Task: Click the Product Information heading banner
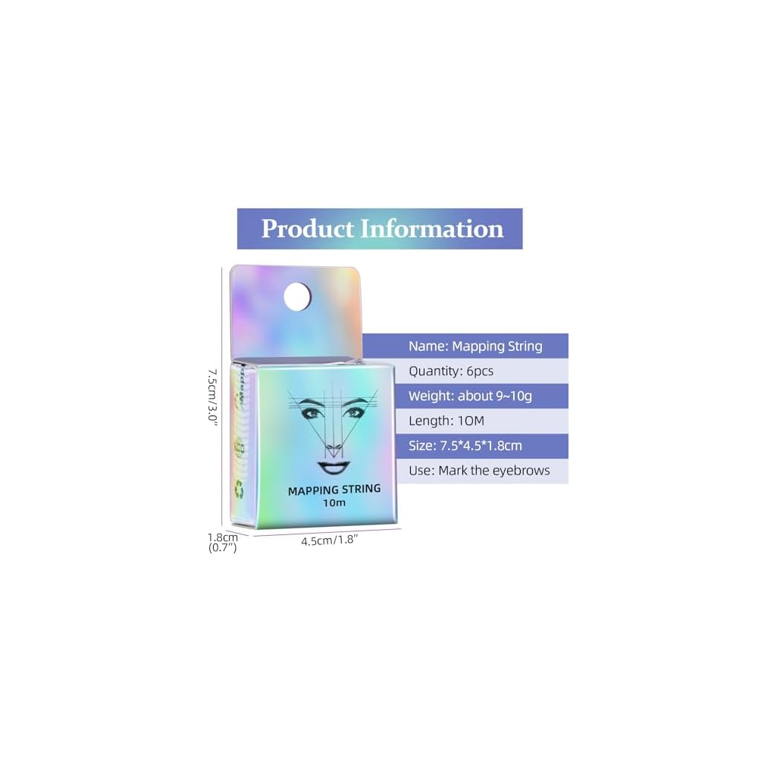pos(380,228)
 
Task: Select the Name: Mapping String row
pos(475,346)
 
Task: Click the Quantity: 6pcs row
pos(451,371)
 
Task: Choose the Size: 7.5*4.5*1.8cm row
pos(465,446)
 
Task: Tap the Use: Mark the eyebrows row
pos(479,471)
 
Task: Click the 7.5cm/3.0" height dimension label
pos(214,397)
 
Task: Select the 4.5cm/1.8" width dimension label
pos(329,541)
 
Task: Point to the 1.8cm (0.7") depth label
pos(223,542)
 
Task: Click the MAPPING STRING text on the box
pos(334,490)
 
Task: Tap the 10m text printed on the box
pos(334,503)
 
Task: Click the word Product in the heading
pos(307,228)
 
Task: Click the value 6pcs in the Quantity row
pos(478,371)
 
